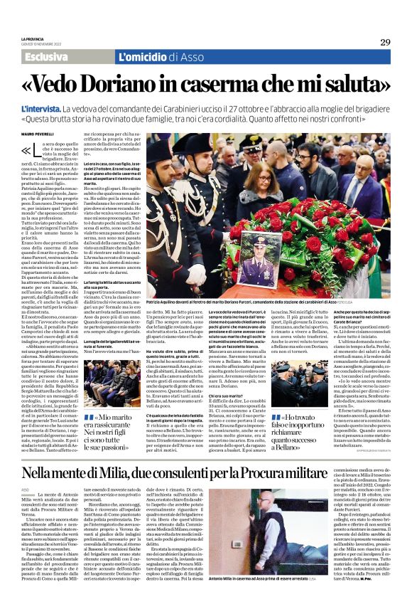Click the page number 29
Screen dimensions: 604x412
point(384,42)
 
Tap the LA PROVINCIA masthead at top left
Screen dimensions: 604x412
point(33,39)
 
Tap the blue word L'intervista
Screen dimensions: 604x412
point(44,107)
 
